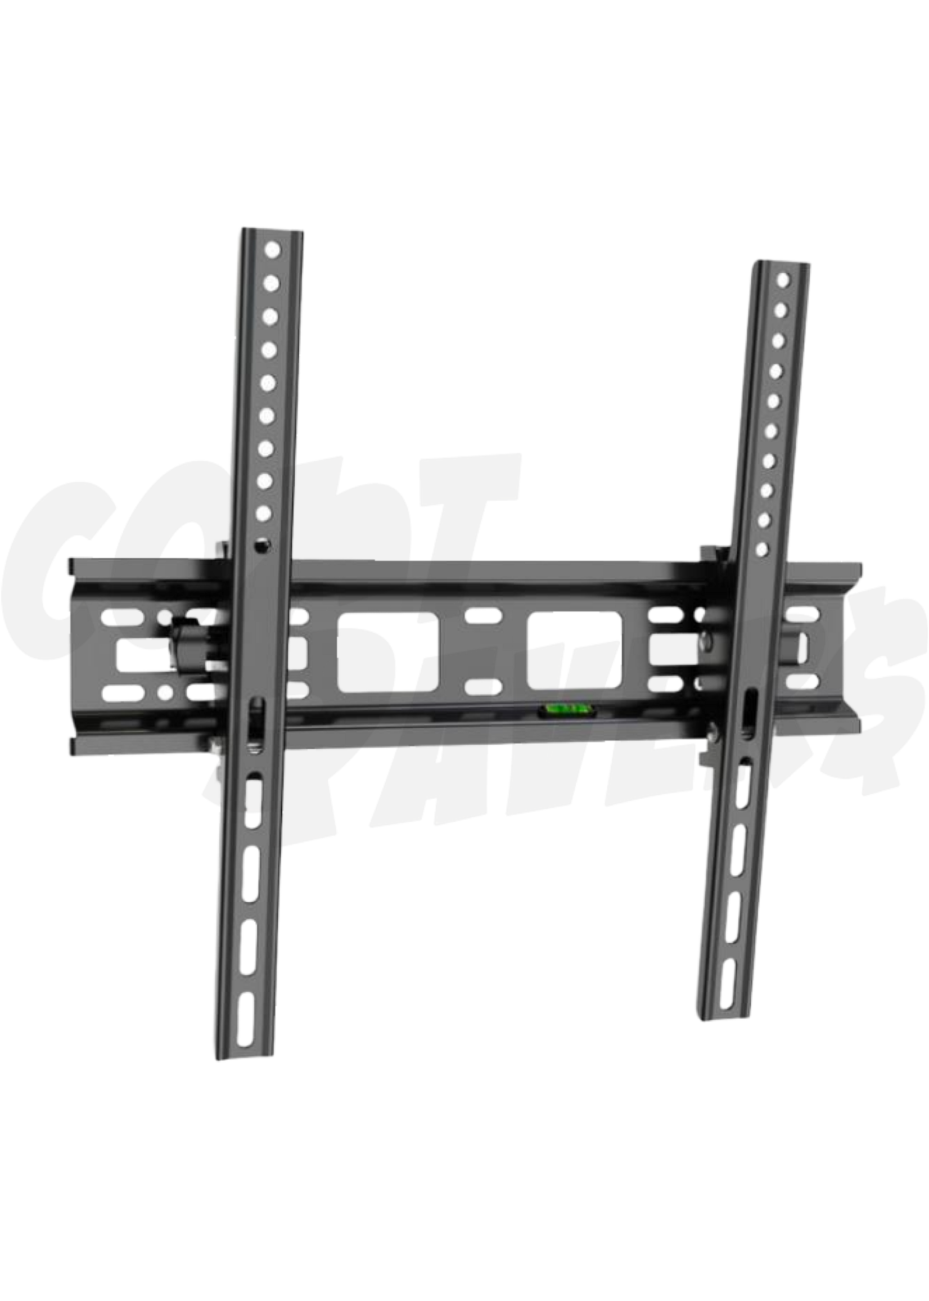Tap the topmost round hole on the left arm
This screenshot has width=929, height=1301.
273,250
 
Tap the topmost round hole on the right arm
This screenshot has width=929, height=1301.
783,279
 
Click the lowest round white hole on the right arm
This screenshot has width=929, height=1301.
761,550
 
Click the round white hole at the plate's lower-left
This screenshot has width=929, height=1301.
165,692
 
